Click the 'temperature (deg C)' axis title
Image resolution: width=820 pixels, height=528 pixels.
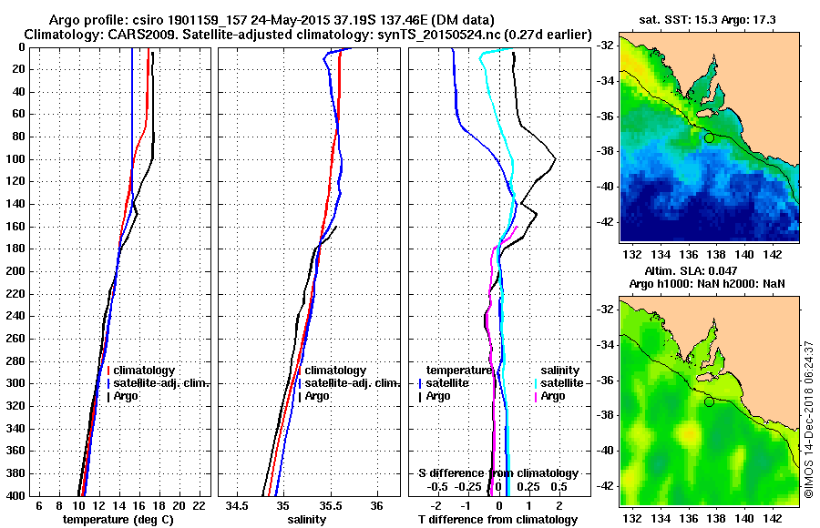[x=118, y=520]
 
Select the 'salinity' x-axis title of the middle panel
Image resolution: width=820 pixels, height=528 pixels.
[x=307, y=520]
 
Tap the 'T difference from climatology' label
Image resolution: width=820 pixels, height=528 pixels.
[x=497, y=520]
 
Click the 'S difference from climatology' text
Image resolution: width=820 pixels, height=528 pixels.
[x=497, y=473]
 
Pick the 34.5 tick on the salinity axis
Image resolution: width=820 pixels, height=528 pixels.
[x=239, y=505]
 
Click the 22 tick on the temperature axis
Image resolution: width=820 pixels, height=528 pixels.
[x=198, y=505]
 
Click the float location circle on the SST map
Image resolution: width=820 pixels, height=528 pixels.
[x=709, y=137]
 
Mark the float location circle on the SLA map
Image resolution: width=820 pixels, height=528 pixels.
[x=709, y=401]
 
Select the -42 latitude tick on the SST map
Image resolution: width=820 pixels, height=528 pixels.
[x=605, y=220]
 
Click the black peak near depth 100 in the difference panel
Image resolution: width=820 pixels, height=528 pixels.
[x=555, y=159]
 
